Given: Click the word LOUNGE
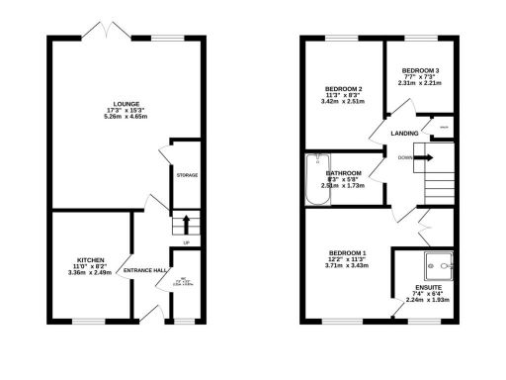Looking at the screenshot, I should tap(125, 103).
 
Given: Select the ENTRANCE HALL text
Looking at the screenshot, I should tap(142, 268).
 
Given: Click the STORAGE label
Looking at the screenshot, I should tap(187, 175).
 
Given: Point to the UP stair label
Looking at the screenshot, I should tap(186, 242).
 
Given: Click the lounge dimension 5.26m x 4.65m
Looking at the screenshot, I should tap(126, 117).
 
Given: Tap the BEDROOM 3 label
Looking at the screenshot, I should tap(420, 70).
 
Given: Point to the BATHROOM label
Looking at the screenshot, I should tap(344, 173).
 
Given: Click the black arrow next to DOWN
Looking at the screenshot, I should tap(421, 157).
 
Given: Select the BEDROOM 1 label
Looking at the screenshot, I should tap(344, 252).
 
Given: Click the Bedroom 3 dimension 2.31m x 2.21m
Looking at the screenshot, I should tap(420, 83).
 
